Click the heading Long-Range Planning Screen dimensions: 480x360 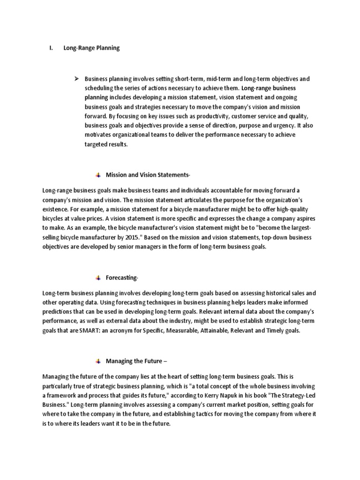91,48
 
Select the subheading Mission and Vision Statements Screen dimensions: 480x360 148,175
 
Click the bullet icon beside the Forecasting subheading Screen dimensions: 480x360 98,278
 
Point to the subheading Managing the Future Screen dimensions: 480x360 136,361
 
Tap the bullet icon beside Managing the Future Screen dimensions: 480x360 98,361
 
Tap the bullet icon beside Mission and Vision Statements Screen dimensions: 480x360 98,175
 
